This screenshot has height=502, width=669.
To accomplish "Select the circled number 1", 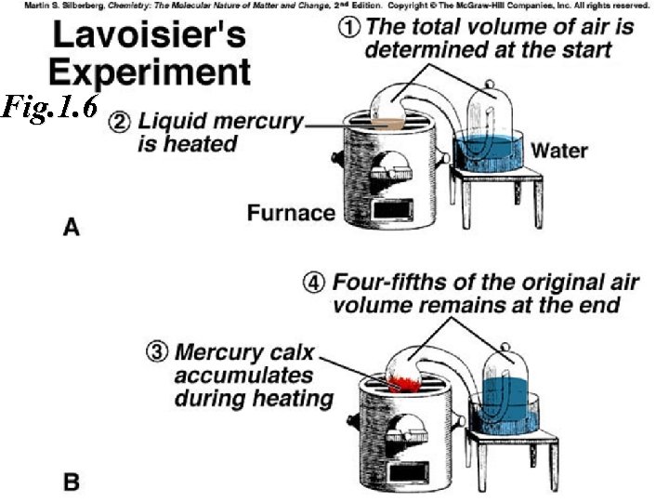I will (x=349, y=26).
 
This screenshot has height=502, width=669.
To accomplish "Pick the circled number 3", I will (x=158, y=353).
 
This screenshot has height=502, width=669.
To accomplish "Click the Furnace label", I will (x=291, y=213).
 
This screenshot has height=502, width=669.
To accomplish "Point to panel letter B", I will (x=71, y=482).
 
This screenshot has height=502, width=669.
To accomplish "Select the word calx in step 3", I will (x=297, y=354).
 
